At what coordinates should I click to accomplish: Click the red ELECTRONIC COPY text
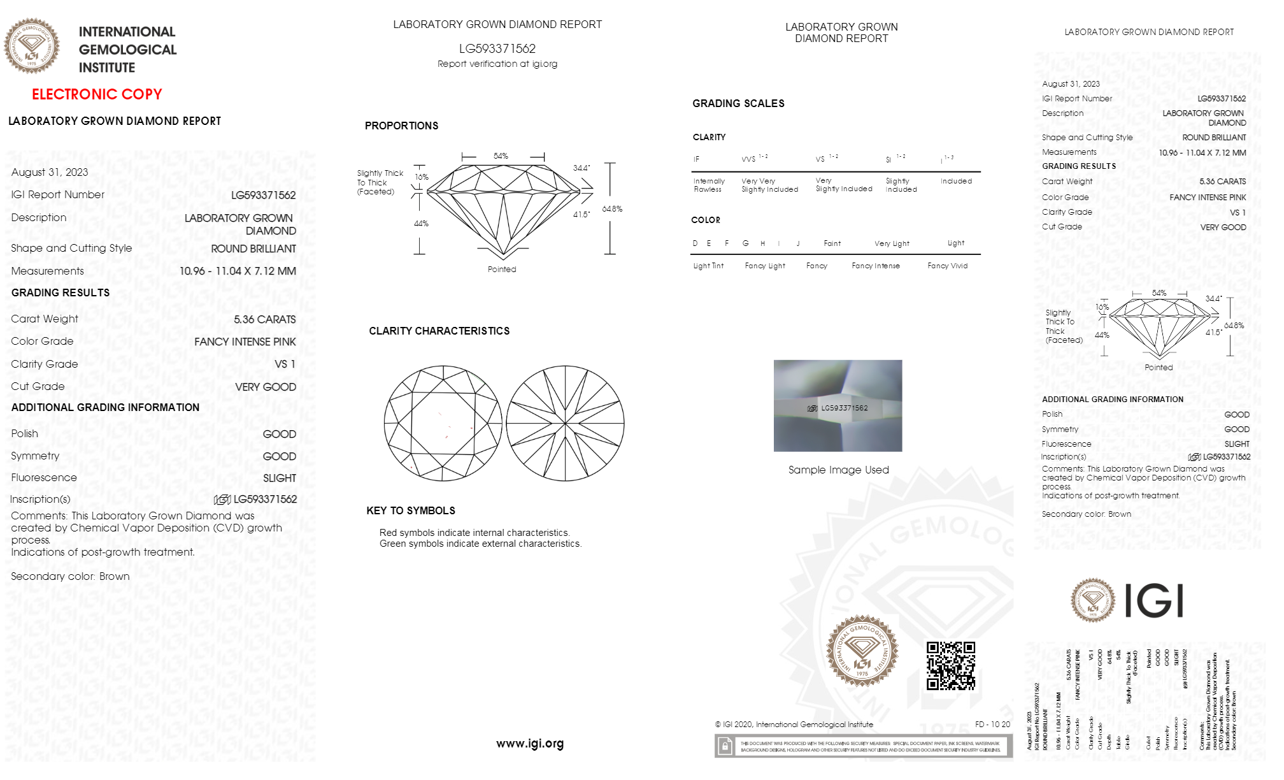coord(97,94)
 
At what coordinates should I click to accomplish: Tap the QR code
coord(950,666)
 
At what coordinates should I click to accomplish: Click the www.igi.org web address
coord(530,744)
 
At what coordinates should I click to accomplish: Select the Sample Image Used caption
coord(838,470)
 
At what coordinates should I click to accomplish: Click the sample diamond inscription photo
coord(838,406)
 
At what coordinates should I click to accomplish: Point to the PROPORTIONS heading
coord(401,126)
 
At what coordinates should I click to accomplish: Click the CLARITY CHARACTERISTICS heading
coord(439,331)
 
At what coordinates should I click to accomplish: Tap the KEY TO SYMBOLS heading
coord(411,511)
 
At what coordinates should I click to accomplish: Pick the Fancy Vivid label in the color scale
coord(947,266)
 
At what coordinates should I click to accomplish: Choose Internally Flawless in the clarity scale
coord(709,185)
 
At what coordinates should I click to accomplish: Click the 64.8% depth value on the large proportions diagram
coord(611,209)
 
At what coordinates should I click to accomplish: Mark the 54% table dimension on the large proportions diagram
coord(501,156)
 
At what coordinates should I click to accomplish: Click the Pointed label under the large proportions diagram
coord(502,270)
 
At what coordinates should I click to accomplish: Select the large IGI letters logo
coord(1153,601)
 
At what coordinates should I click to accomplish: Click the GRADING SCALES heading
coord(738,104)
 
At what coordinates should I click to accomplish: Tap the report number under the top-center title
coord(497,49)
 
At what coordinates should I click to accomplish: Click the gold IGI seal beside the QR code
coord(862,651)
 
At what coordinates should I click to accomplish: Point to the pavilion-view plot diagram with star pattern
coord(565,424)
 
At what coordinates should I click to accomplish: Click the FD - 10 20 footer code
coord(992,725)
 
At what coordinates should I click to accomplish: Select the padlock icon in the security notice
coord(725,746)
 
